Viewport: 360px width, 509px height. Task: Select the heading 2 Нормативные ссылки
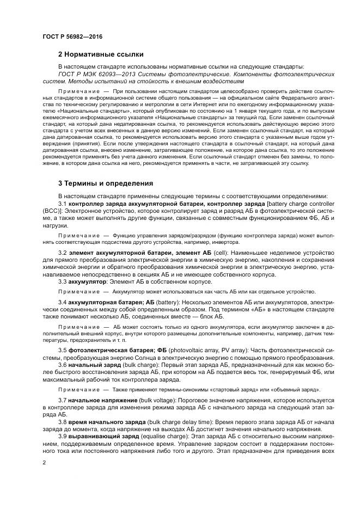coord(101,54)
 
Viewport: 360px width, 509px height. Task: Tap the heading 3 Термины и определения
coord(106,183)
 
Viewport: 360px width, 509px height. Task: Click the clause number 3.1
coord(62,203)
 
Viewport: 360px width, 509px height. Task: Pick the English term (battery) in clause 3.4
coord(170,302)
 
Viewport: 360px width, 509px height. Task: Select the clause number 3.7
coord(62,401)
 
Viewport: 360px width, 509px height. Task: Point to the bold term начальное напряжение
coord(100,401)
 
